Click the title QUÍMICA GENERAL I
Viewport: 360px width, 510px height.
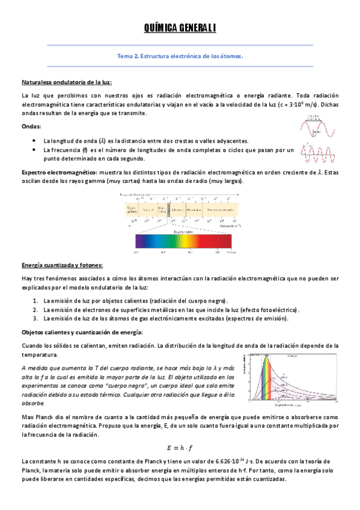point(180,28)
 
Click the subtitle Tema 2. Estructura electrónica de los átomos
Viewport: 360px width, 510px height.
point(180,57)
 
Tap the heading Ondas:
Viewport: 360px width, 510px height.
point(31,127)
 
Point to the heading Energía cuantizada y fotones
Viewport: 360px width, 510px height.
point(62,265)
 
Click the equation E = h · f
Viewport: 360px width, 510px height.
point(180,446)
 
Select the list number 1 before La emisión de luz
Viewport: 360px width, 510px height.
point(35,300)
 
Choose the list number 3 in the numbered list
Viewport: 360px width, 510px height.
point(35,318)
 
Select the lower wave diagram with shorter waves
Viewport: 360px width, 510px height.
point(318,154)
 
